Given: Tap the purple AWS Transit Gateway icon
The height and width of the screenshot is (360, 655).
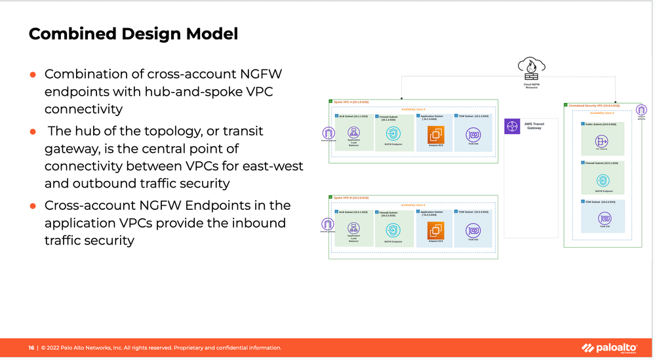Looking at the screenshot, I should pos(512,127).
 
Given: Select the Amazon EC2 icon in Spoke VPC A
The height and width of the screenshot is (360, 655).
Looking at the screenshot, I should pos(436,135).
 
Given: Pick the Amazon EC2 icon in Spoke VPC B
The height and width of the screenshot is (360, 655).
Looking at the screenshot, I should pos(436,231).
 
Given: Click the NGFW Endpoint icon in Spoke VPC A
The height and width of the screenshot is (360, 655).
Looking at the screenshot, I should pos(393,134).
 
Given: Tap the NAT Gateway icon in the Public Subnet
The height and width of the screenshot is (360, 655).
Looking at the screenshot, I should pos(602,141).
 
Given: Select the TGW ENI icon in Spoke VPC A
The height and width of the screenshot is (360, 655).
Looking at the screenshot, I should pos(473,135).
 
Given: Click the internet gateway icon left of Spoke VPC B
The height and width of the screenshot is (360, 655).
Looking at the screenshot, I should pos(328,224).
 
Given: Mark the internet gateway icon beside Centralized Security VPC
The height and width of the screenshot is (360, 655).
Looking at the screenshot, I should pos(641,110).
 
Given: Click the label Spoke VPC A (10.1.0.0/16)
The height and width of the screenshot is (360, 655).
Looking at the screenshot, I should pos(351,102).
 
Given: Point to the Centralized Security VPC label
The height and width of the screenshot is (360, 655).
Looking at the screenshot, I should pos(593,105).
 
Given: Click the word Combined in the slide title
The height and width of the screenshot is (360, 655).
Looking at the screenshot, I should pos(66,34).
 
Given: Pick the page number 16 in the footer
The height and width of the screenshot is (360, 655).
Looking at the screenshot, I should pos(31,348).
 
